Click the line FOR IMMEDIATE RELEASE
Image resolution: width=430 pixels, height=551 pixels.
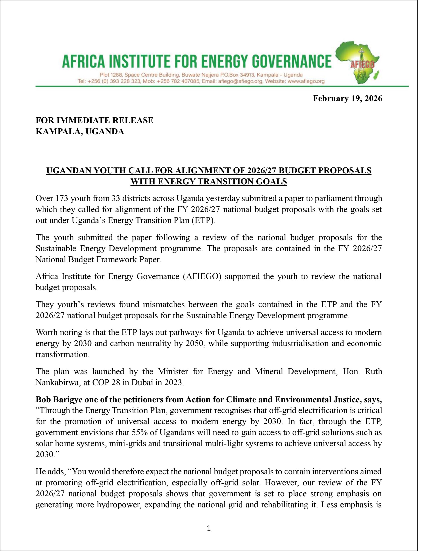click(94, 120)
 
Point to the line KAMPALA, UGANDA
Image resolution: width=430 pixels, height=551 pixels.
click(80, 132)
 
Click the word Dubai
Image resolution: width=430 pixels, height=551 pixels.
click(140, 382)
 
